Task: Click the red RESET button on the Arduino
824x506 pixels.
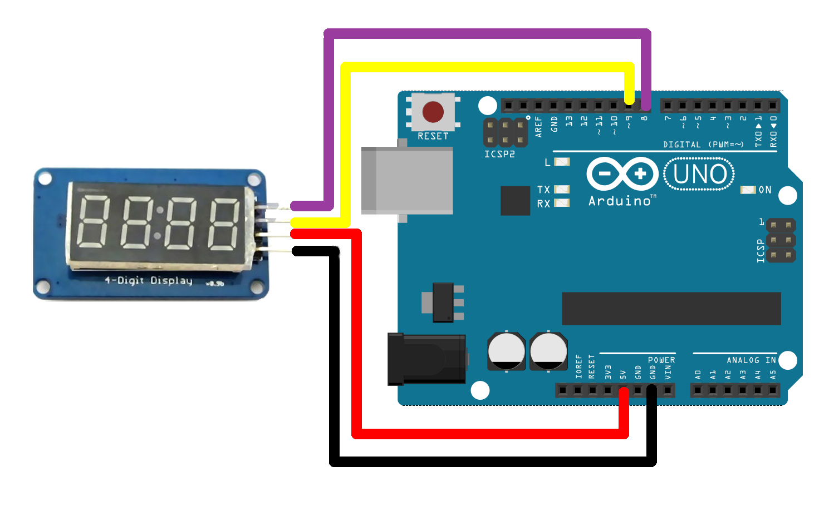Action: [x=433, y=112]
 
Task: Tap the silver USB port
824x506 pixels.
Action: [x=407, y=181]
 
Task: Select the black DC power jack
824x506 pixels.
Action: [x=426, y=359]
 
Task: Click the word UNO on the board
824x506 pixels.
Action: [x=699, y=174]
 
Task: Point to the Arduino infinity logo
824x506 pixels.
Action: [x=622, y=174]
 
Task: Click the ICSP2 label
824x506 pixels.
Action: [x=499, y=154]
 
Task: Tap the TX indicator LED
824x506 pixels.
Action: [x=562, y=190]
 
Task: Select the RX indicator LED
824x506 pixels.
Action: [x=562, y=204]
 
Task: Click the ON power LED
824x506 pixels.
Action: [x=747, y=190]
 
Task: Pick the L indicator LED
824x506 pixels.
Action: [x=562, y=162]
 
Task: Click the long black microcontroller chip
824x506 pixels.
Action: [x=671, y=309]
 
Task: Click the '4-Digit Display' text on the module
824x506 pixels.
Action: [x=149, y=280]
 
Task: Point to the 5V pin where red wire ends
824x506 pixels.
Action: [x=623, y=391]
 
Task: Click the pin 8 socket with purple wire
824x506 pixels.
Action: [x=645, y=105]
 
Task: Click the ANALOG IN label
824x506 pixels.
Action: [x=751, y=360]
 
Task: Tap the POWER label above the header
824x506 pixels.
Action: [x=661, y=360]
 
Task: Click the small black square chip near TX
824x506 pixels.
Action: [x=515, y=200]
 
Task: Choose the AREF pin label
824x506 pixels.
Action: [x=538, y=126]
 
